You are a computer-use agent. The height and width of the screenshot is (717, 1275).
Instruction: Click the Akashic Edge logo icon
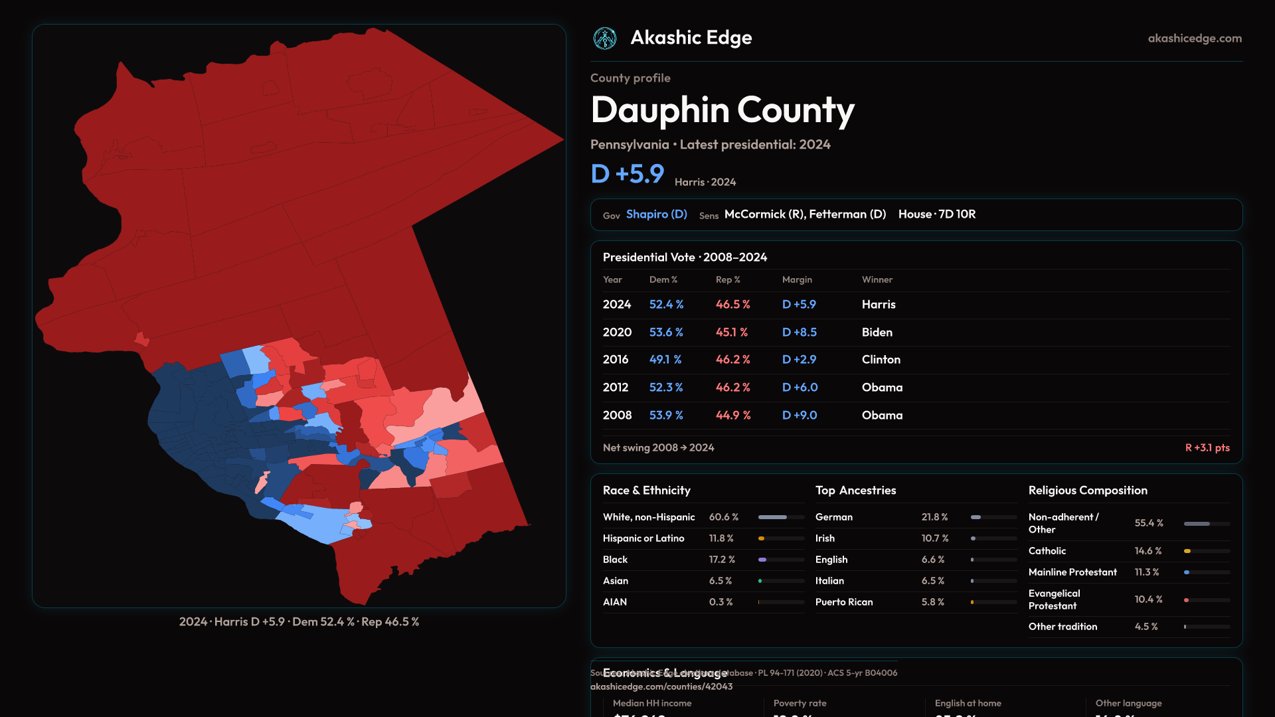(x=604, y=39)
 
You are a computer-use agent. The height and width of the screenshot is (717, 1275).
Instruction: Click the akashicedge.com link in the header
(x=1194, y=39)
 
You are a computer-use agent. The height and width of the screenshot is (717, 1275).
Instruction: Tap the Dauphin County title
(x=722, y=110)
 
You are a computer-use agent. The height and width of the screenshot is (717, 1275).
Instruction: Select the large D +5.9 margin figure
(x=627, y=174)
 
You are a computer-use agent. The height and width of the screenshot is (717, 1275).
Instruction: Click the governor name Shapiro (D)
(x=656, y=214)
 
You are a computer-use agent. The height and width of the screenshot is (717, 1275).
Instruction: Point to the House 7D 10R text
(x=936, y=214)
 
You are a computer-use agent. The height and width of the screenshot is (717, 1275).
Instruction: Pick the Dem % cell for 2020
(x=666, y=332)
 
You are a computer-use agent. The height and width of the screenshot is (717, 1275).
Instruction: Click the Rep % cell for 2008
(x=732, y=415)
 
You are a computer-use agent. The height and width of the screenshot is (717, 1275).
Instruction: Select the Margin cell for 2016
(x=799, y=359)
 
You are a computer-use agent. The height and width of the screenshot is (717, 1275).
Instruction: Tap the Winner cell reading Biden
(x=877, y=332)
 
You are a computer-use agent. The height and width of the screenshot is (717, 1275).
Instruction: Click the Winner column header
(x=877, y=279)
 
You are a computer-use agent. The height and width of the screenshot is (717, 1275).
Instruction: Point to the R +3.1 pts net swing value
(x=1207, y=447)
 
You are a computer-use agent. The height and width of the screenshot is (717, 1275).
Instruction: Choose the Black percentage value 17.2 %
(x=721, y=560)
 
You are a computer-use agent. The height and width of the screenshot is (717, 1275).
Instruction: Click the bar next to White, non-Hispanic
(x=780, y=517)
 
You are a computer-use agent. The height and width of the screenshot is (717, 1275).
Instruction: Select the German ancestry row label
(x=833, y=517)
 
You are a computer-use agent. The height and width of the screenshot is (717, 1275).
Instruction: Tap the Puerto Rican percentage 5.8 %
(x=932, y=602)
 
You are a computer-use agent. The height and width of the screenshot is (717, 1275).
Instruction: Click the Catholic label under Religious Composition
(x=1047, y=551)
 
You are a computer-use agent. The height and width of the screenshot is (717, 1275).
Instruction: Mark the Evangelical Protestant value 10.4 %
(x=1148, y=599)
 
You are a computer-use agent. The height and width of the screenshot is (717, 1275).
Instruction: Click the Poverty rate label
(x=800, y=703)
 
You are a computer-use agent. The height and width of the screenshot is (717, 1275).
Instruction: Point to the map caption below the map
(x=299, y=622)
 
